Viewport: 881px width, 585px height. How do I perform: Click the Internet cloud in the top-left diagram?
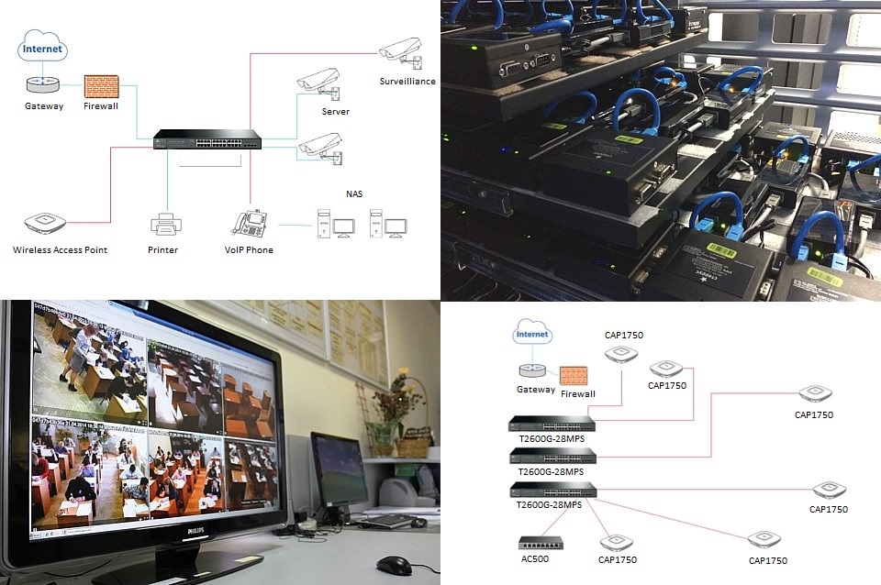click(42, 48)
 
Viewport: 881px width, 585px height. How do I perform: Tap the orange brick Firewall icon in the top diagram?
click(101, 86)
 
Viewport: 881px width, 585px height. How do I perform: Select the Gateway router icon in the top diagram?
click(42, 84)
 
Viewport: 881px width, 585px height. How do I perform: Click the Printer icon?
click(164, 223)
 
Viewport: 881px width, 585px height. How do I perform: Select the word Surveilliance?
click(407, 82)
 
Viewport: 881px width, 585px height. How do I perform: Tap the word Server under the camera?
click(335, 112)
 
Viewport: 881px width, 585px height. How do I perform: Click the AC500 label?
click(534, 558)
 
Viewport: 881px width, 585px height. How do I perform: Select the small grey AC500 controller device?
click(541, 542)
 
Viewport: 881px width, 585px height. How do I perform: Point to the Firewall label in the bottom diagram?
click(577, 393)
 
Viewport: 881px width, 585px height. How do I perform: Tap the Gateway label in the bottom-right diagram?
click(535, 389)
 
